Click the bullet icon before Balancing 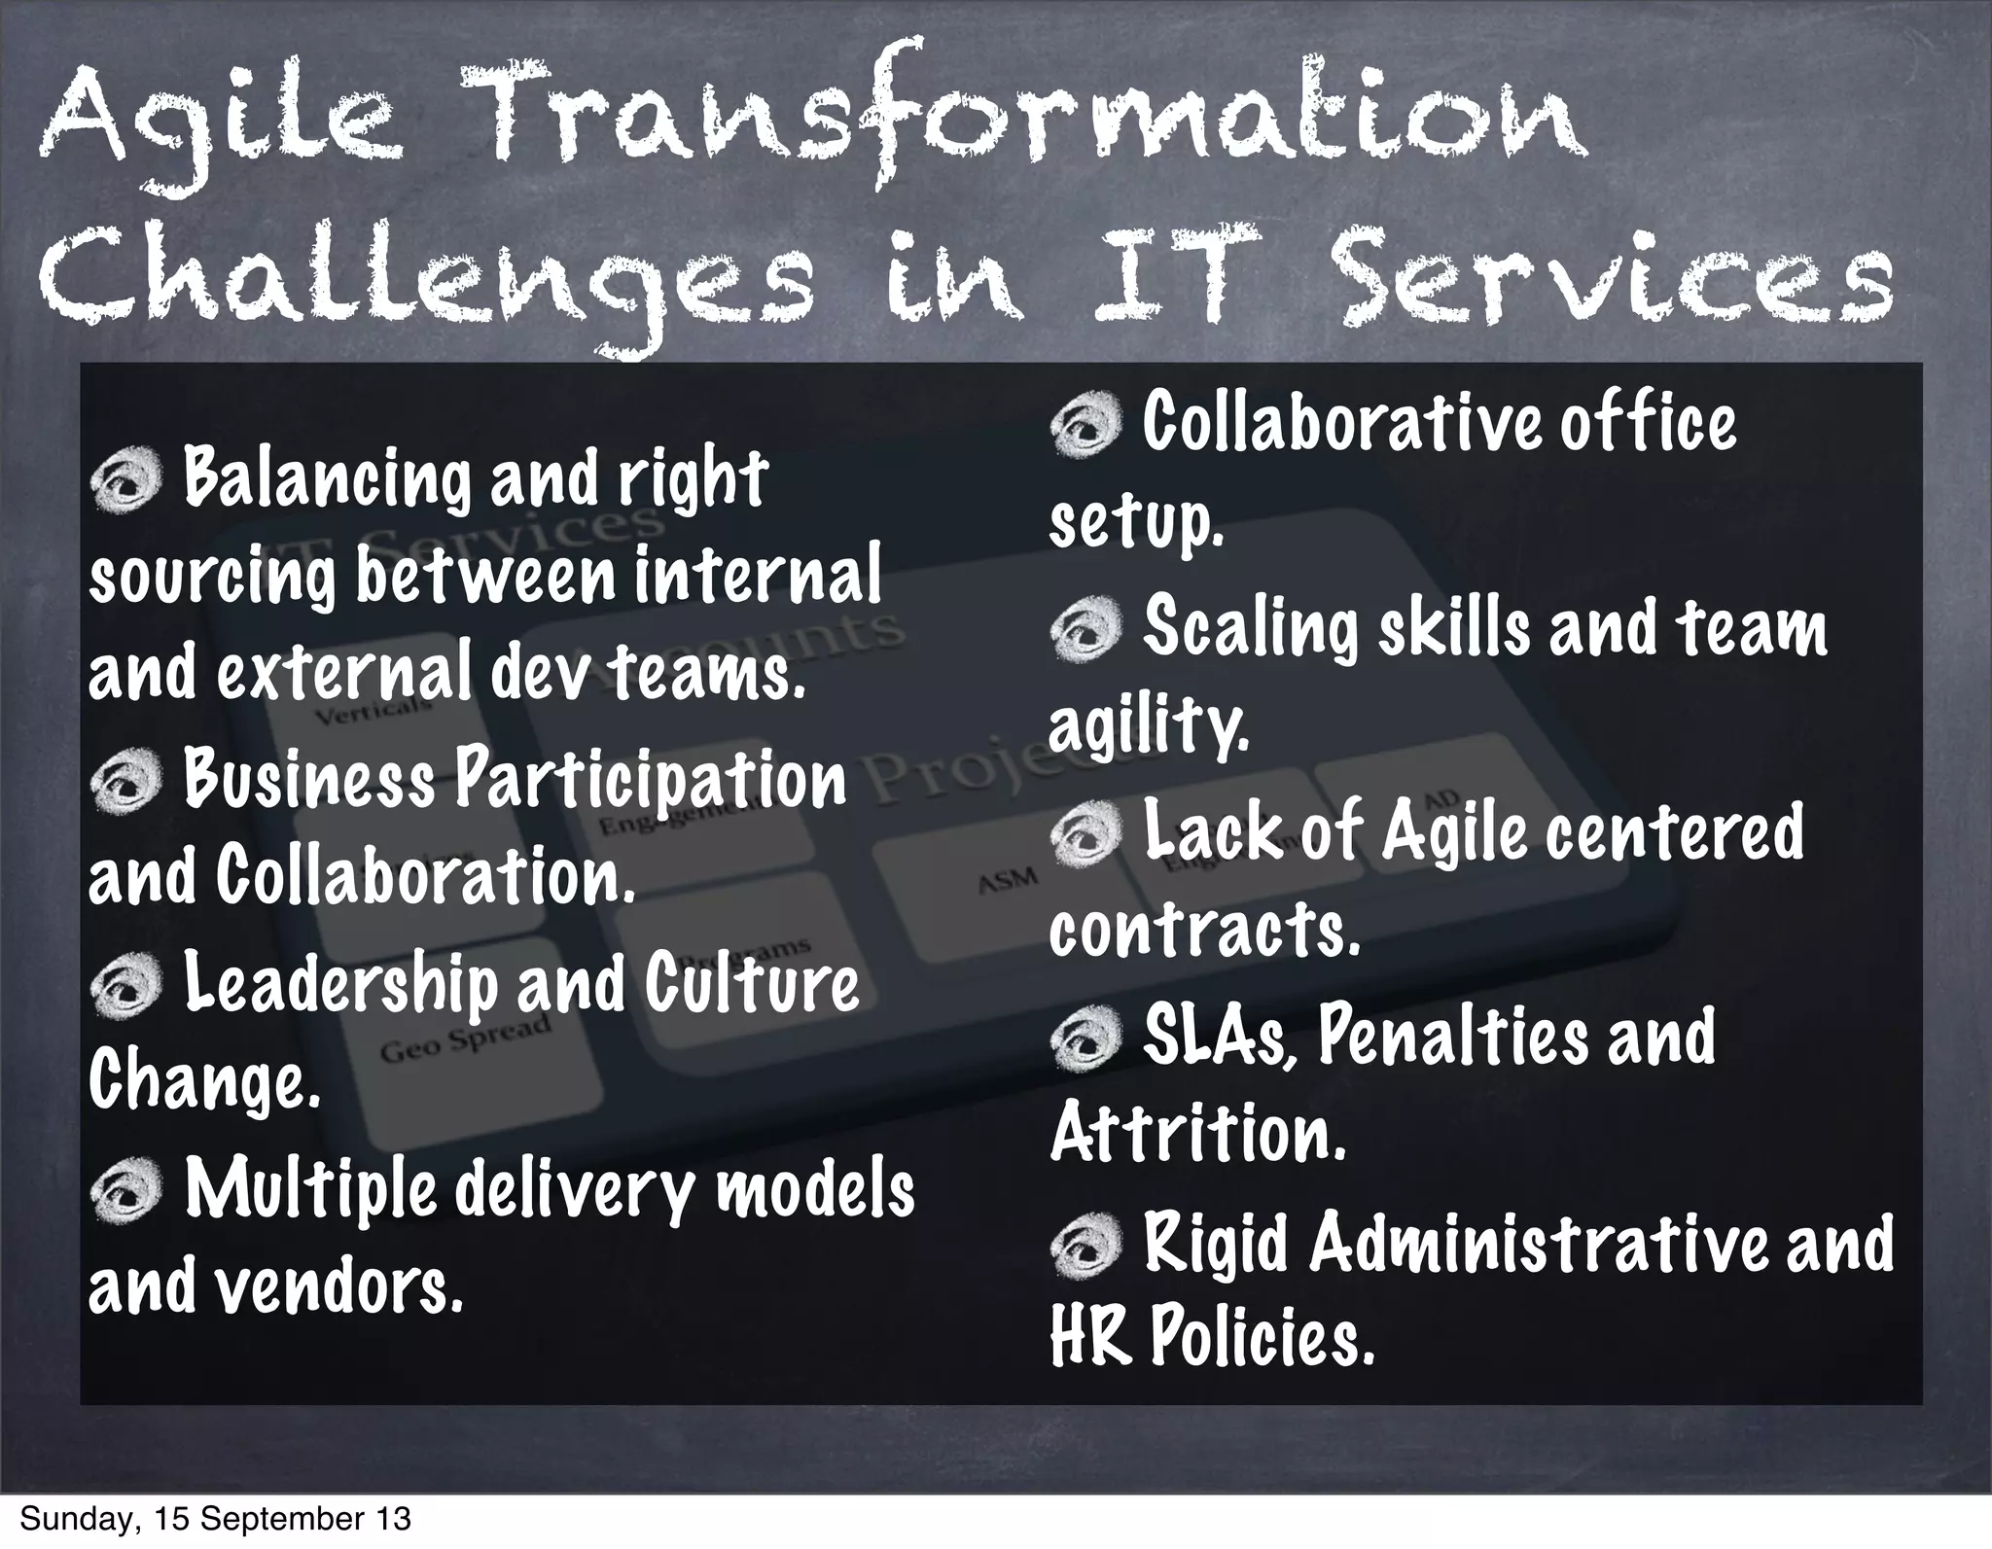coord(124,483)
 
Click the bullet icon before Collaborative coord(1085,426)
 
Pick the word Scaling coord(1249,629)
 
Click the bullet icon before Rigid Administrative coord(1085,1245)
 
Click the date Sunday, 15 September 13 coord(215,1520)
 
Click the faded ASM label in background coord(1007,879)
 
